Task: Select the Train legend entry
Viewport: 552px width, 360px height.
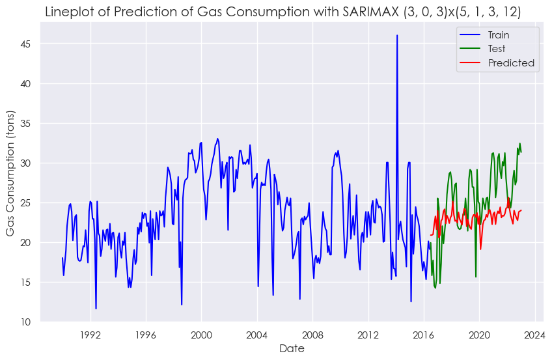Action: point(499,35)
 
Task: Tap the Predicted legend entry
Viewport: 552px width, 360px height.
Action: point(511,63)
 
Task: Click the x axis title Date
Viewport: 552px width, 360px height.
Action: point(292,349)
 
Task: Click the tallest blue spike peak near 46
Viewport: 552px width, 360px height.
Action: point(397,36)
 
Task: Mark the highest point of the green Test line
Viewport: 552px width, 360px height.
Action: point(519,144)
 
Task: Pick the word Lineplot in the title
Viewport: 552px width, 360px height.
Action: point(68,12)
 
